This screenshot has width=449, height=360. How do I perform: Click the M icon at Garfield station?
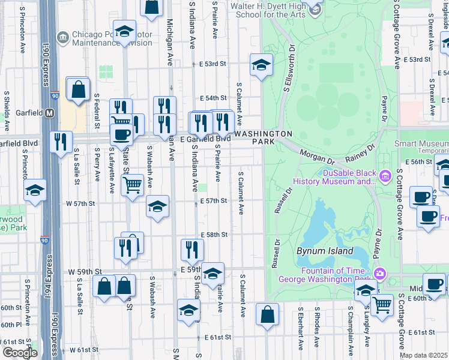coord(50,113)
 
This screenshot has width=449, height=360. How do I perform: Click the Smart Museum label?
coord(421,144)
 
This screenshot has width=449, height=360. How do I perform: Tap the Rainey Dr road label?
coord(360,154)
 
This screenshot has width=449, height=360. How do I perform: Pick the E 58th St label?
coord(214,235)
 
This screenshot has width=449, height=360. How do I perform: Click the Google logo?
coord(19,353)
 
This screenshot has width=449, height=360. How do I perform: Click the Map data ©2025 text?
coord(423,355)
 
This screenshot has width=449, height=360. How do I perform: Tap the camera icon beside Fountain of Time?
coord(379,275)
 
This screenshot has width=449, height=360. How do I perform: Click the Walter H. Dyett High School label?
coord(269,10)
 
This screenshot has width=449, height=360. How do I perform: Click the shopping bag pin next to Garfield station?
coord(78,89)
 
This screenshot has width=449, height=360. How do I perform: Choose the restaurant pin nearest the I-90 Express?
coord(61,143)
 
